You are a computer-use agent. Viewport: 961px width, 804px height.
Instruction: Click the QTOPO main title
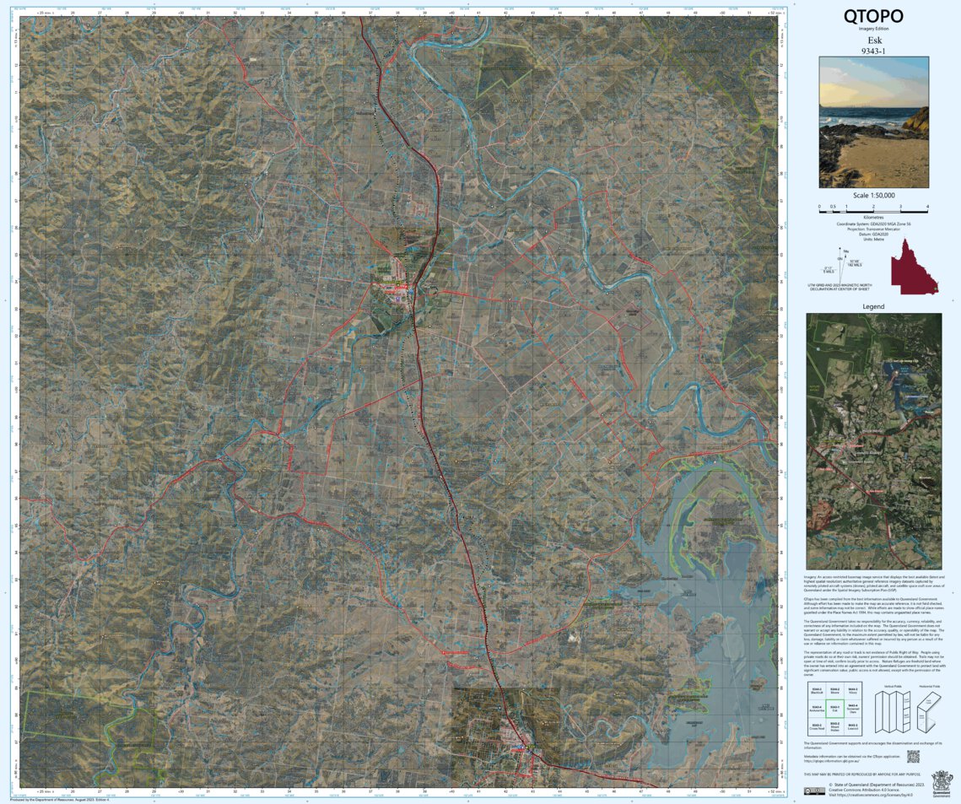pyautogui.click(x=873, y=16)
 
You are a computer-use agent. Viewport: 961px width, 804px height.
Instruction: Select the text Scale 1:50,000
pyautogui.click(x=873, y=196)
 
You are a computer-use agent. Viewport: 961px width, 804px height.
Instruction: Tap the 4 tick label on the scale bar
pyautogui.click(x=927, y=207)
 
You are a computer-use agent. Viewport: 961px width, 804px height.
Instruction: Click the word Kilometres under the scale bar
pyautogui.click(x=873, y=217)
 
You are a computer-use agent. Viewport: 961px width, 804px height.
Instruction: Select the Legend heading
pyautogui.click(x=873, y=306)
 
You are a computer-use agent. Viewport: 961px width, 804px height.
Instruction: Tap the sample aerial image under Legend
pyautogui.click(x=873, y=441)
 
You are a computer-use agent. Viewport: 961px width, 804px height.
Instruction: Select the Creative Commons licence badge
pyautogui.click(x=813, y=791)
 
